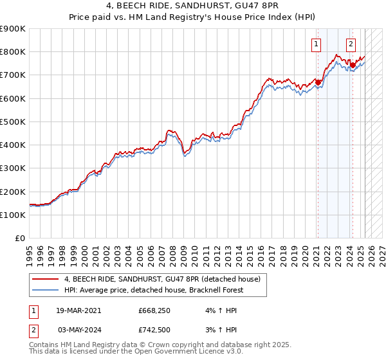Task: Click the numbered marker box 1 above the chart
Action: [x=317, y=44]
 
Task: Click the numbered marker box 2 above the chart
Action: [x=351, y=44]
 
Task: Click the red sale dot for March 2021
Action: [x=318, y=82]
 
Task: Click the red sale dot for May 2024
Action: [x=353, y=65]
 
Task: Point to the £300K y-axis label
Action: [x=13, y=168]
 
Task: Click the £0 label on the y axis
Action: [x=21, y=239]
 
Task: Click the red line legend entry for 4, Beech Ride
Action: [x=161, y=280]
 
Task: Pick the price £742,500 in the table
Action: [x=153, y=330]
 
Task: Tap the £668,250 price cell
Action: [x=153, y=310]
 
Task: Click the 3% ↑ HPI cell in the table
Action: [x=214, y=330]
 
